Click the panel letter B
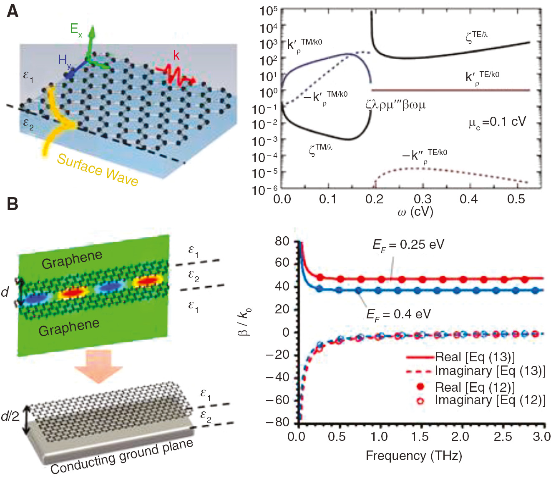13,204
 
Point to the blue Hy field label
64,61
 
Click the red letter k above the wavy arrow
176,55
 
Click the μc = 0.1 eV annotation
497,123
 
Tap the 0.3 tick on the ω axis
423,199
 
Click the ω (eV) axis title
415,212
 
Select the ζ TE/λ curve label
476,37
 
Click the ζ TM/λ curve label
320,149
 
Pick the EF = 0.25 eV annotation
408,245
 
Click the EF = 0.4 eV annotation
398,314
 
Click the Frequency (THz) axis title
414,455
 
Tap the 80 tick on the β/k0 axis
282,241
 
